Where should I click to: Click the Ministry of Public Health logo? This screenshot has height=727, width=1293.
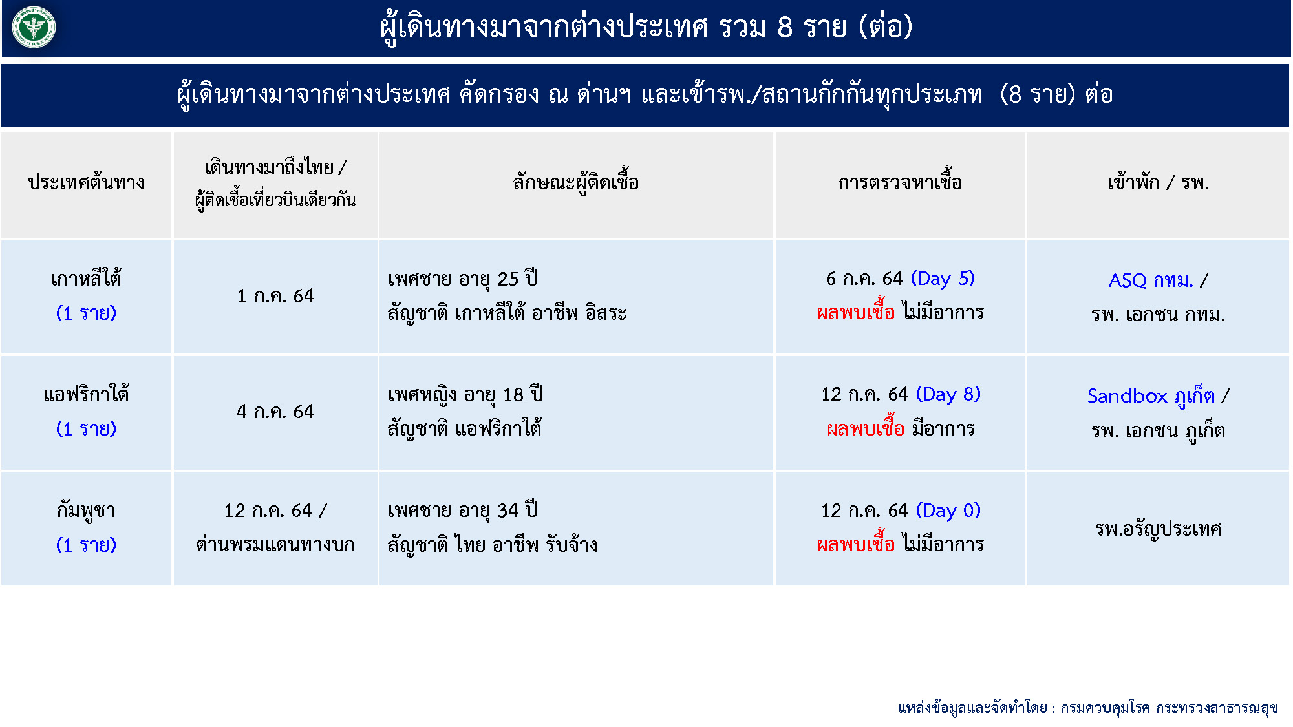(34, 27)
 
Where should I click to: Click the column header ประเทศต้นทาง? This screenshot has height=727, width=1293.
(86, 182)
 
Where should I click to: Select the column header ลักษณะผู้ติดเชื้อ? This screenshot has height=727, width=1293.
(575, 182)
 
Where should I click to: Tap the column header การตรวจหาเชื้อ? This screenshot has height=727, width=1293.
(900, 182)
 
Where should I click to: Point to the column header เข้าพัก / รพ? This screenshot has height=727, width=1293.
(1158, 182)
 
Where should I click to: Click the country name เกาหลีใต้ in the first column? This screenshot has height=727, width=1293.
(86, 278)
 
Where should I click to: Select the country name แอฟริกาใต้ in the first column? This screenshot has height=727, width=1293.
(86, 394)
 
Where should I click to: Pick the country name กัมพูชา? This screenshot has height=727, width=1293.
(86, 511)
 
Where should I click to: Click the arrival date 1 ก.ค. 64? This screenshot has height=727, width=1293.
(275, 296)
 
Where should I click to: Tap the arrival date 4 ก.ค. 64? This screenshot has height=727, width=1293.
(275, 412)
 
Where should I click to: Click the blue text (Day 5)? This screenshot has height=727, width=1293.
(943, 279)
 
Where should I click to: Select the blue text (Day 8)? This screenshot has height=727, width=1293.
(948, 394)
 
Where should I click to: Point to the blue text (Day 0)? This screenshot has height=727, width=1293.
(948, 511)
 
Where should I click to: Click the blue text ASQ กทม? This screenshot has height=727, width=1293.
(1151, 280)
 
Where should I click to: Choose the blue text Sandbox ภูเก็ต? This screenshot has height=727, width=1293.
(1151, 395)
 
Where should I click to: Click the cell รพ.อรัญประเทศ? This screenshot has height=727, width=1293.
(1158, 529)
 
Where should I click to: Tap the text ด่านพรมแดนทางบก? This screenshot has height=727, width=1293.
(275, 544)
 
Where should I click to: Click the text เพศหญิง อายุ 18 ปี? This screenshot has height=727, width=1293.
(465, 394)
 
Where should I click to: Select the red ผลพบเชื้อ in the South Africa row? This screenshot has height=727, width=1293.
(865, 428)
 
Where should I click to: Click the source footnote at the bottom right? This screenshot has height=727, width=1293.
(1088, 708)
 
